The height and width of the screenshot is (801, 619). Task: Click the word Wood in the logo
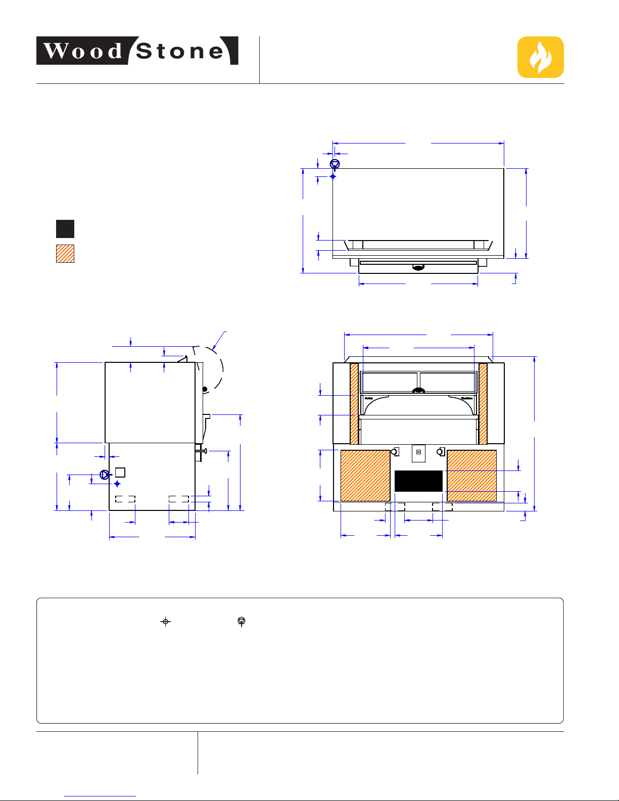83,51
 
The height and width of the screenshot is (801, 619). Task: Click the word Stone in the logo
180,51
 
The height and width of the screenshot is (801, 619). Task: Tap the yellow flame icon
541,57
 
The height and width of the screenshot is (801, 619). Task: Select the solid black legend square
65,229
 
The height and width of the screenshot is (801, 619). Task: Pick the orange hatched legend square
65,254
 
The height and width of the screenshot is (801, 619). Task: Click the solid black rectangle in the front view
418,481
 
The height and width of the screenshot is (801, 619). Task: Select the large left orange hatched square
365,476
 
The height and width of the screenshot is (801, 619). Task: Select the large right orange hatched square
471,476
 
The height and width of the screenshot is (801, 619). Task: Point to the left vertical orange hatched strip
354,404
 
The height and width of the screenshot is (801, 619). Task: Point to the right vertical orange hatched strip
483,404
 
